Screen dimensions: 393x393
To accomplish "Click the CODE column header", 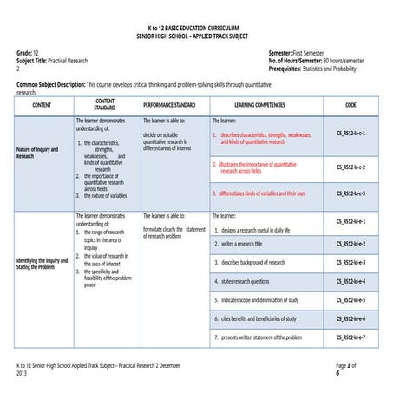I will pyautogui.click(x=350, y=104).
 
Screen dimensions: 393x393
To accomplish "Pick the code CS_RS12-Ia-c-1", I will pyautogui.click(x=350, y=134).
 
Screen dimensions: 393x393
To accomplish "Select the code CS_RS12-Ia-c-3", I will pyautogui.click(x=350, y=193).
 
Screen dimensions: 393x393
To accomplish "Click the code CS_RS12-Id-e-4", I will pyautogui.click(x=350, y=281).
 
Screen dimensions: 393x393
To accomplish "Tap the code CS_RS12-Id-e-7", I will pyautogui.click(x=350, y=337).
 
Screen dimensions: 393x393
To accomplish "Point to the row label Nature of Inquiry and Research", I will pyautogui.click(x=38, y=153).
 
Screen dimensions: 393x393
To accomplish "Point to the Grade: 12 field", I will pyautogui.click(x=29, y=54).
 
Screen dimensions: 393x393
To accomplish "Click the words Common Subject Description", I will pyautogui.click(x=49, y=85).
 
